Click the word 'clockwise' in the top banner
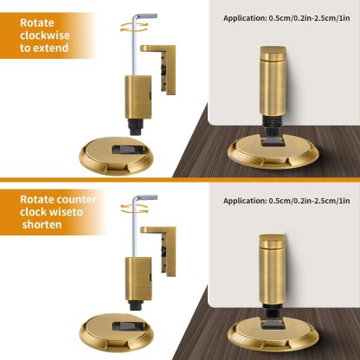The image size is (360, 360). [47, 35]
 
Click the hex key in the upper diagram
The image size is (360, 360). [130, 43]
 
